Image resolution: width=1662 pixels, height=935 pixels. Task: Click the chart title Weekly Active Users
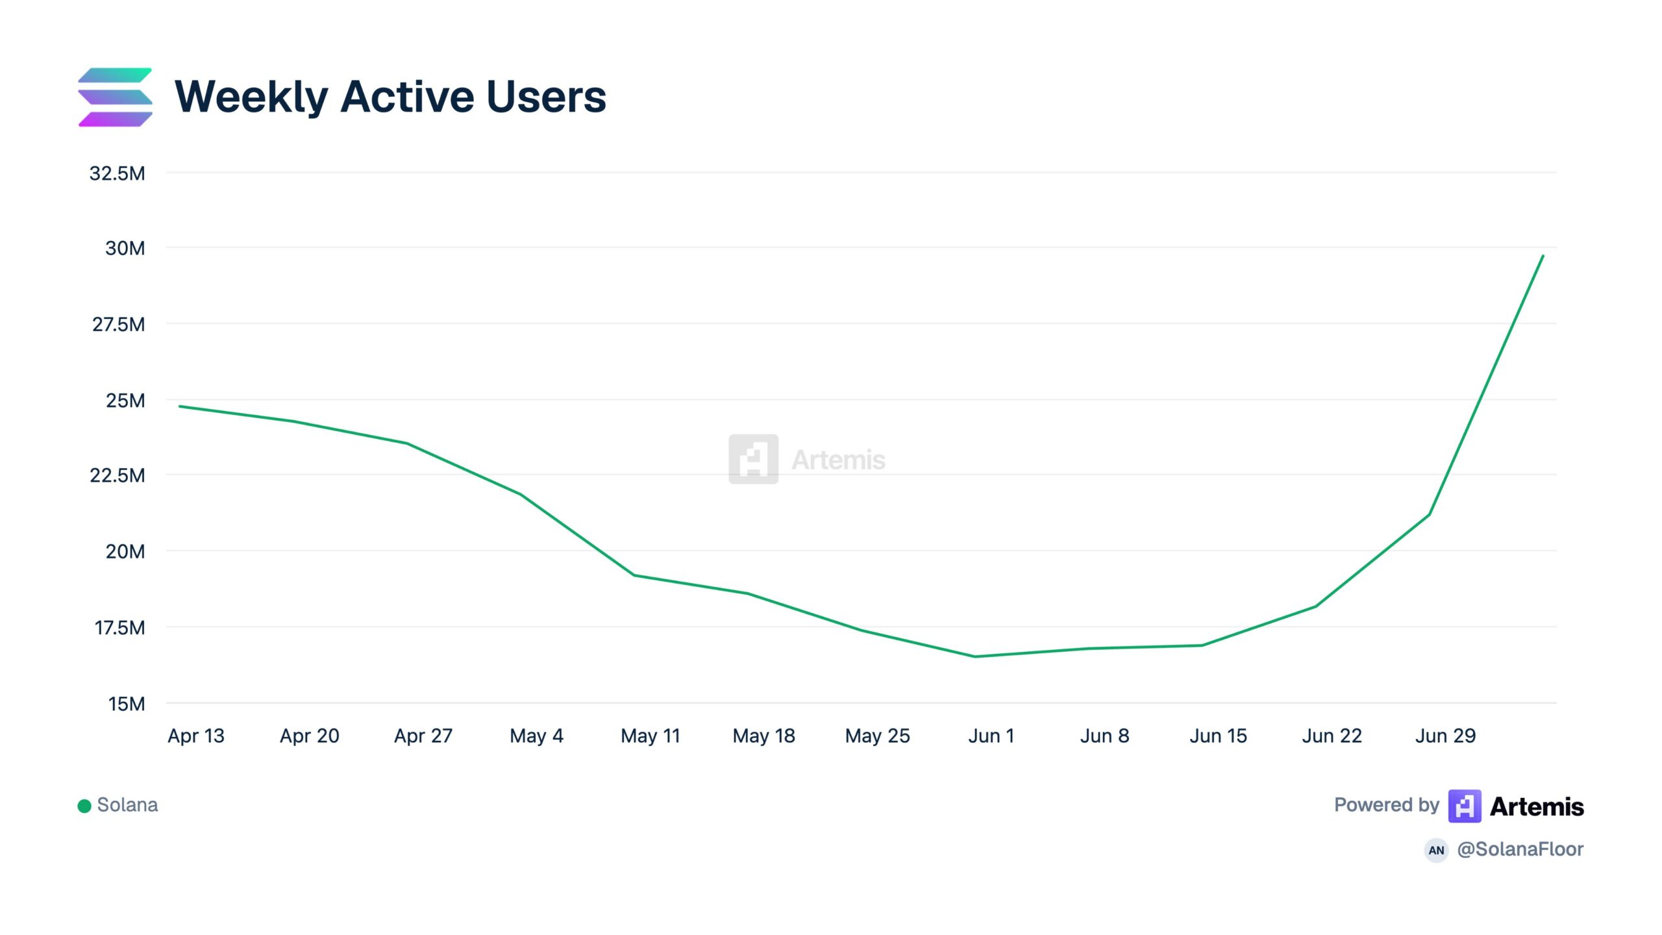tap(390, 97)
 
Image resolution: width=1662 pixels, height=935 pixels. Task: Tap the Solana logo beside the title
tap(116, 97)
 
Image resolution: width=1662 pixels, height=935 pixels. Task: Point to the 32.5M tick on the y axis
tap(118, 173)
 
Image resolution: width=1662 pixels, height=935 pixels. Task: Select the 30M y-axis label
tap(125, 248)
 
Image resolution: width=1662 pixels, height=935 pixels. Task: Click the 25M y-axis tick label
tap(126, 401)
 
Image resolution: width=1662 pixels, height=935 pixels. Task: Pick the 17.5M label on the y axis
tap(120, 628)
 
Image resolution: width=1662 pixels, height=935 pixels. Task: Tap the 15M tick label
tap(127, 704)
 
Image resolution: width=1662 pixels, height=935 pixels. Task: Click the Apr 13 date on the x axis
tap(196, 736)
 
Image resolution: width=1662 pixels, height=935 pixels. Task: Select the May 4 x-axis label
tap(536, 736)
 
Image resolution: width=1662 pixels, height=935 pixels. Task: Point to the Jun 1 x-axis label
tap(991, 736)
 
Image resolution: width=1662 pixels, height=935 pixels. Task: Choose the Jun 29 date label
tap(1445, 736)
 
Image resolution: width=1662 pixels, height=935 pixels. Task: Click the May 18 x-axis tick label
tap(763, 736)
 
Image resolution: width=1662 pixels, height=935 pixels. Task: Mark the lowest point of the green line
tap(975, 656)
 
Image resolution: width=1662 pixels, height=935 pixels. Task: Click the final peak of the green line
tap(1543, 256)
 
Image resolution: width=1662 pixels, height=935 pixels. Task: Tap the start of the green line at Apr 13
tap(180, 406)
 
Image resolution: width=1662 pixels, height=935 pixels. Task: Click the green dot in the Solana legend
tap(84, 806)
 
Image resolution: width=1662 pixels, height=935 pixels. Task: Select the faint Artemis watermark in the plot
tap(807, 459)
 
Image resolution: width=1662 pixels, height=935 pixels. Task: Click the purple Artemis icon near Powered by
tap(1465, 806)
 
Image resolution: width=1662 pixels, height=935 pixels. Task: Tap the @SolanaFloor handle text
tap(1520, 849)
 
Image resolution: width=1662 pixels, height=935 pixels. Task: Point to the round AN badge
tap(1436, 850)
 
